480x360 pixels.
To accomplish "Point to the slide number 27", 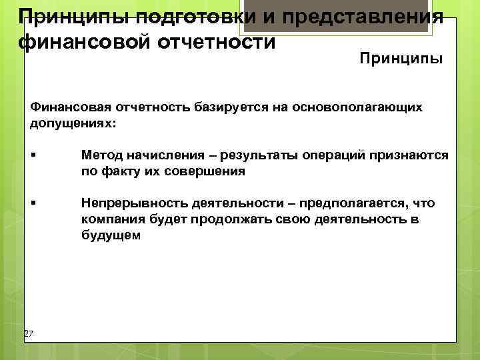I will [x=28, y=333].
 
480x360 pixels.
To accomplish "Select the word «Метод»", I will [x=99, y=155].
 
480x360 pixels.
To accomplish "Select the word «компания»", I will [x=109, y=219].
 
